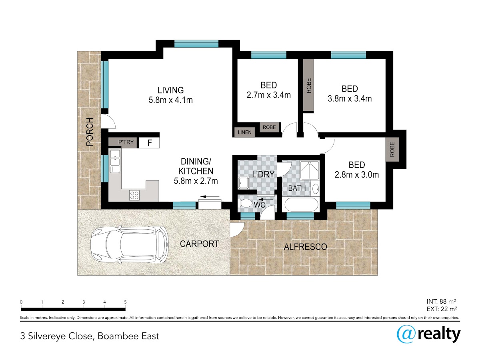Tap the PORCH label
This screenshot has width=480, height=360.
(x=90, y=132)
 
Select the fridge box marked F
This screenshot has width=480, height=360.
(x=149, y=143)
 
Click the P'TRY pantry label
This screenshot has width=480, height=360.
(x=126, y=142)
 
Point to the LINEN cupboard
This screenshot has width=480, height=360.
(x=244, y=132)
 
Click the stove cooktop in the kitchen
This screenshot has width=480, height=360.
(x=134, y=195)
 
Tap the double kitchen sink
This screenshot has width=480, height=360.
(x=114, y=161)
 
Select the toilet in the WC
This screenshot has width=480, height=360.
(x=245, y=203)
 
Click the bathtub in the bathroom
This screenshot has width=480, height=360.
(x=301, y=204)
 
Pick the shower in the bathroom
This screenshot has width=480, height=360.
(x=310, y=170)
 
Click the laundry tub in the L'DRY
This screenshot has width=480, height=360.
(x=243, y=183)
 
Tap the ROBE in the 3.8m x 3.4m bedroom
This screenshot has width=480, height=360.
(x=308, y=85)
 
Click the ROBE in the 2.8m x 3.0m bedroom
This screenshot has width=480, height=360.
(x=392, y=149)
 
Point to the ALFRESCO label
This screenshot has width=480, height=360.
(x=305, y=247)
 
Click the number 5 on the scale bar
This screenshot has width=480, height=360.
(x=125, y=302)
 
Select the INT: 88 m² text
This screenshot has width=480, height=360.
(x=441, y=302)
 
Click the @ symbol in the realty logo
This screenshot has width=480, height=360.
(x=406, y=334)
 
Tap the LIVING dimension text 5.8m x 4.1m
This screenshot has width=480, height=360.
(x=170, y=100)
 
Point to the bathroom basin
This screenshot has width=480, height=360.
(x=315, y=189)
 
